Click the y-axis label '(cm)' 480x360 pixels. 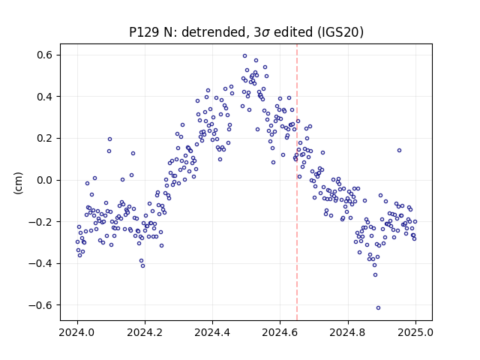(x=18, y=183)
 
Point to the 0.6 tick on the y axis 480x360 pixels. (x=45, y=55)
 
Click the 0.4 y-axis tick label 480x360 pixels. (x=45, y=97)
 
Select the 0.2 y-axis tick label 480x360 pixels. (x=45, y=138)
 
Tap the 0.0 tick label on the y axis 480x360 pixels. (x=45, y=180)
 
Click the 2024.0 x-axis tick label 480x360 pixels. (x=77, y=332)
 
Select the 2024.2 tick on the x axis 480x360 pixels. (x=145, y=332)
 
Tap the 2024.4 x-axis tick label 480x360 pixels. (x=212, y=332)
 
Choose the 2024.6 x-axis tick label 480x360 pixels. (x=280, y=332)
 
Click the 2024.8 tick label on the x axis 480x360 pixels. (x=348, y=332)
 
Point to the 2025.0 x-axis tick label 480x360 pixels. (x=415, y=332)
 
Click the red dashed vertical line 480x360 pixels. (x=297, y=182)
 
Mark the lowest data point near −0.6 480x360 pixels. (x=378, y=308)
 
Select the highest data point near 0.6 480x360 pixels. (x=245, y=56)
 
